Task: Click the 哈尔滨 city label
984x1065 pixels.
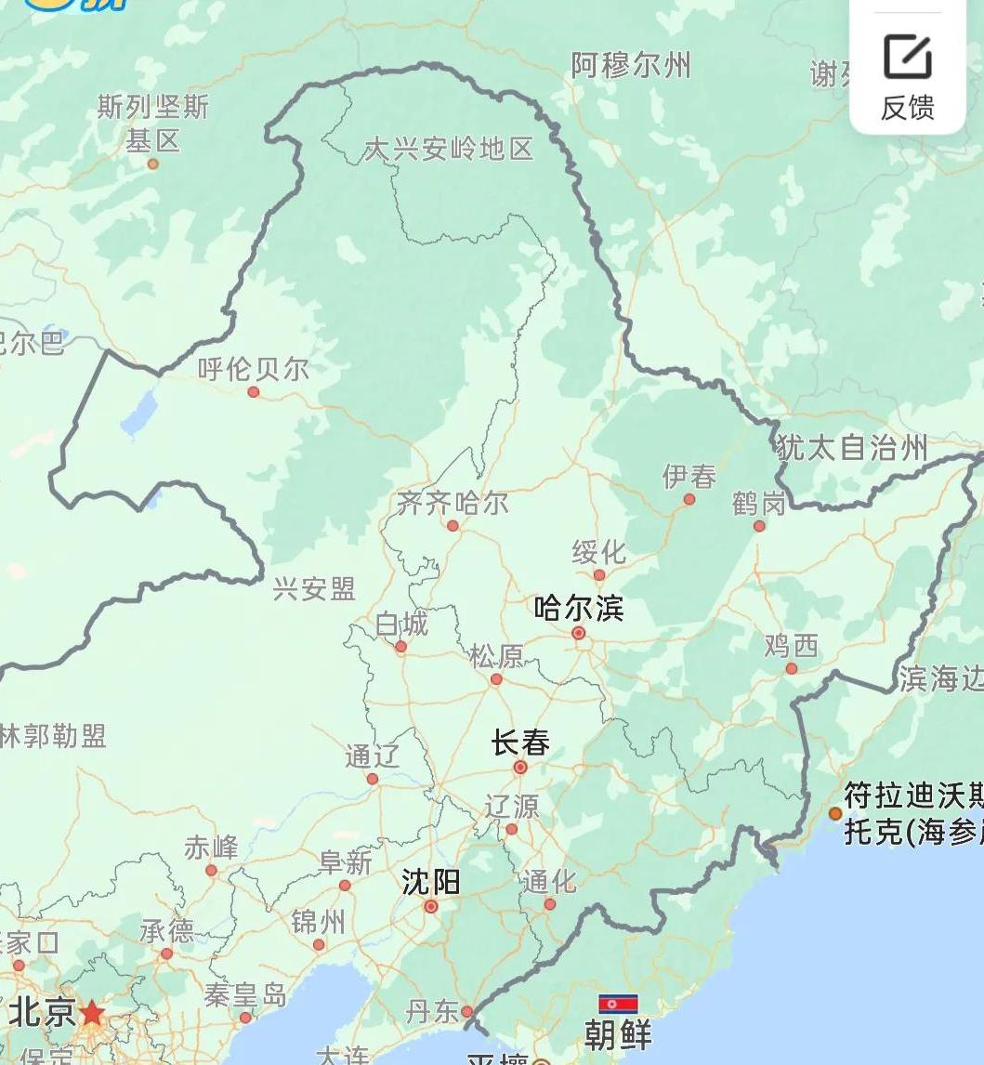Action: click(578, 609)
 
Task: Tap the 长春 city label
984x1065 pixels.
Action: click(520, 743)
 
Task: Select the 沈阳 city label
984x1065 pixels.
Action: click(430, 881)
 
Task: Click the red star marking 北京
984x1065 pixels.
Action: click(92, 1011)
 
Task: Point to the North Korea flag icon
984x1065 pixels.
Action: click(618, 1003)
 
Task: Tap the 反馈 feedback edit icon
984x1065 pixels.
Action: click(907, 58)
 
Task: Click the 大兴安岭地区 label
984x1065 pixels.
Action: click(449, 149)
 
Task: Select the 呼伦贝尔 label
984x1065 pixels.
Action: click(253, 369)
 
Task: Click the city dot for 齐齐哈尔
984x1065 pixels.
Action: click(453, 526)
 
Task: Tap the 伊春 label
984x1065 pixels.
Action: click(689, 477)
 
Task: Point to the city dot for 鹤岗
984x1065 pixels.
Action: click(759, 526)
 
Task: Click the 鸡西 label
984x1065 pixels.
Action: click(791, 645)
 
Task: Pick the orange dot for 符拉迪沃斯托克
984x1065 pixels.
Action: click(834, 814)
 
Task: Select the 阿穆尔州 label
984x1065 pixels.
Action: click(631, 66)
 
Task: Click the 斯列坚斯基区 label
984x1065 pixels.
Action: click(152, 124)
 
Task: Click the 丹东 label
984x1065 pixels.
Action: click(433, 1011)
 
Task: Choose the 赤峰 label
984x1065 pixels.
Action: click(211, 848)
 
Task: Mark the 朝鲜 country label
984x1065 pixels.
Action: click(618, 1034)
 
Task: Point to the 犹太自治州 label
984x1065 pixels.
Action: click(852, 448)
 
